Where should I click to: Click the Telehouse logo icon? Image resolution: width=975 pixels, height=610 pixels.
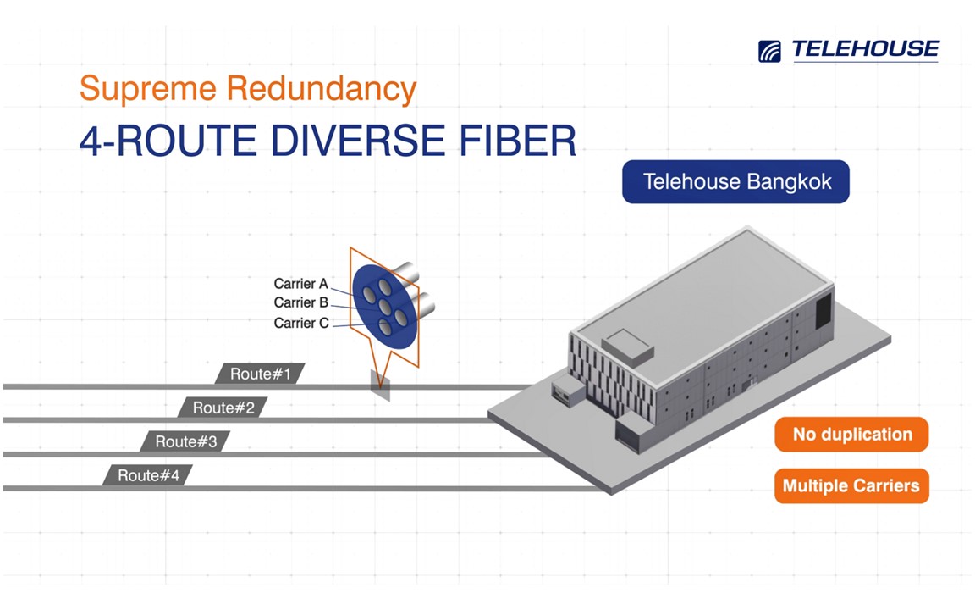[769, 51]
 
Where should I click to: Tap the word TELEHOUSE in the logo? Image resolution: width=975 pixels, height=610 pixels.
[865, 49]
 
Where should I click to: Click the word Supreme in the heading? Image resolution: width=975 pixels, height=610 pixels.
[148, 88]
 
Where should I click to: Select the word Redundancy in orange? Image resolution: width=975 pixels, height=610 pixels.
[321, 89]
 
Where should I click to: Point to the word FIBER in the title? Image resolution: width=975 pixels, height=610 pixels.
[517, 141]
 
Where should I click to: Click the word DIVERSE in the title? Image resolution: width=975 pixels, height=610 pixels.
[357, 141]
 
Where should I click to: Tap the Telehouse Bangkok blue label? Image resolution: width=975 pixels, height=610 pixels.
[735, 182]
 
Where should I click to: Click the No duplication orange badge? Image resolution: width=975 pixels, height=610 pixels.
[851, 435]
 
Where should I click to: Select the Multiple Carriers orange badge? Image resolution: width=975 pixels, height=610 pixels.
[851, 485]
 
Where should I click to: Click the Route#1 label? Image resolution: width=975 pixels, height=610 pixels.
[260, 374]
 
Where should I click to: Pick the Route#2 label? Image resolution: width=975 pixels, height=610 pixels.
[223, 408]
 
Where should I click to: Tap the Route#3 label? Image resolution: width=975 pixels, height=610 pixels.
[185, 441]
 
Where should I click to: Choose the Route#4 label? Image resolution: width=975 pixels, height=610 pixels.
[148, 475]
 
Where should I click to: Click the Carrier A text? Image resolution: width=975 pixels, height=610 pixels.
[300, 284]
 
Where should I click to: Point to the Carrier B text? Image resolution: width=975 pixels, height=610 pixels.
[300, 302]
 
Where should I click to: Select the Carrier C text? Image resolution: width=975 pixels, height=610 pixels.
[301, 323]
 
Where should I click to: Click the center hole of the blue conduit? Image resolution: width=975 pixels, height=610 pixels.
[385, 307]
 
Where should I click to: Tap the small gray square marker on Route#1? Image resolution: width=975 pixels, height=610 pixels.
[381, 385]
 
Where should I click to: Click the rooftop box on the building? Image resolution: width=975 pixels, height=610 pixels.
[627, 347]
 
